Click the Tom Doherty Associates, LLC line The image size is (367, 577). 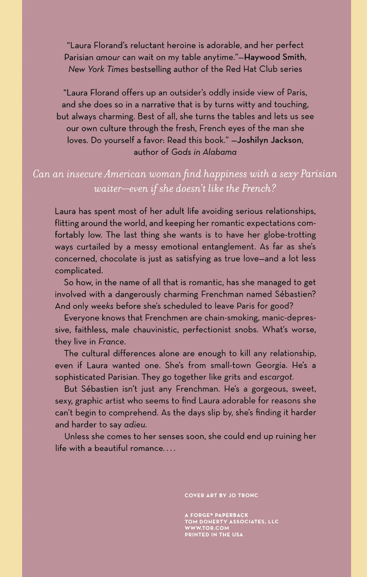click(232, 521)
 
